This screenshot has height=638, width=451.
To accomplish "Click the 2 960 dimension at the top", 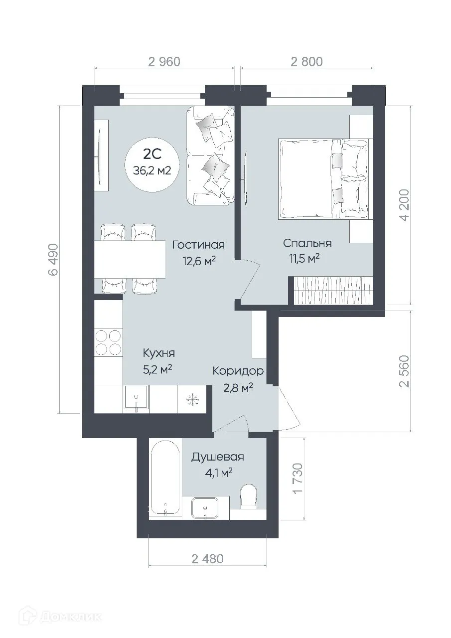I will coord(163,62).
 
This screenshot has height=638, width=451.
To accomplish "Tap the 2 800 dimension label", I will coord(306,62).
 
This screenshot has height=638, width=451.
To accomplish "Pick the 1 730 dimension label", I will coord(298,478).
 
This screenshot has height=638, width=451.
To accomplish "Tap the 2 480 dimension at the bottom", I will coord(207,559).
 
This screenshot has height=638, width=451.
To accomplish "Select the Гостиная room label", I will coord(198,245).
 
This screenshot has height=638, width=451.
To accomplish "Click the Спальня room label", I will coord(307,243).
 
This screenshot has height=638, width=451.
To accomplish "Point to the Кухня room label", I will coord(158,353).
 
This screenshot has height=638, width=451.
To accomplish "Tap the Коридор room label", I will coord(238,371).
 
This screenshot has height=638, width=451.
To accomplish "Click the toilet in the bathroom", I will coord(248,496).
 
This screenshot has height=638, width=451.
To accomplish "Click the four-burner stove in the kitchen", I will coord(108,342).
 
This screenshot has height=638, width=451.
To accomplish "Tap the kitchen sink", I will coord(136,399).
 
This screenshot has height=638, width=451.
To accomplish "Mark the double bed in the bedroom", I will coord(324,178).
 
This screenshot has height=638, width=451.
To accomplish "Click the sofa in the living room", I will coord(210,155).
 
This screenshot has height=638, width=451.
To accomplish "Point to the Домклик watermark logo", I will coord(52,617).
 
